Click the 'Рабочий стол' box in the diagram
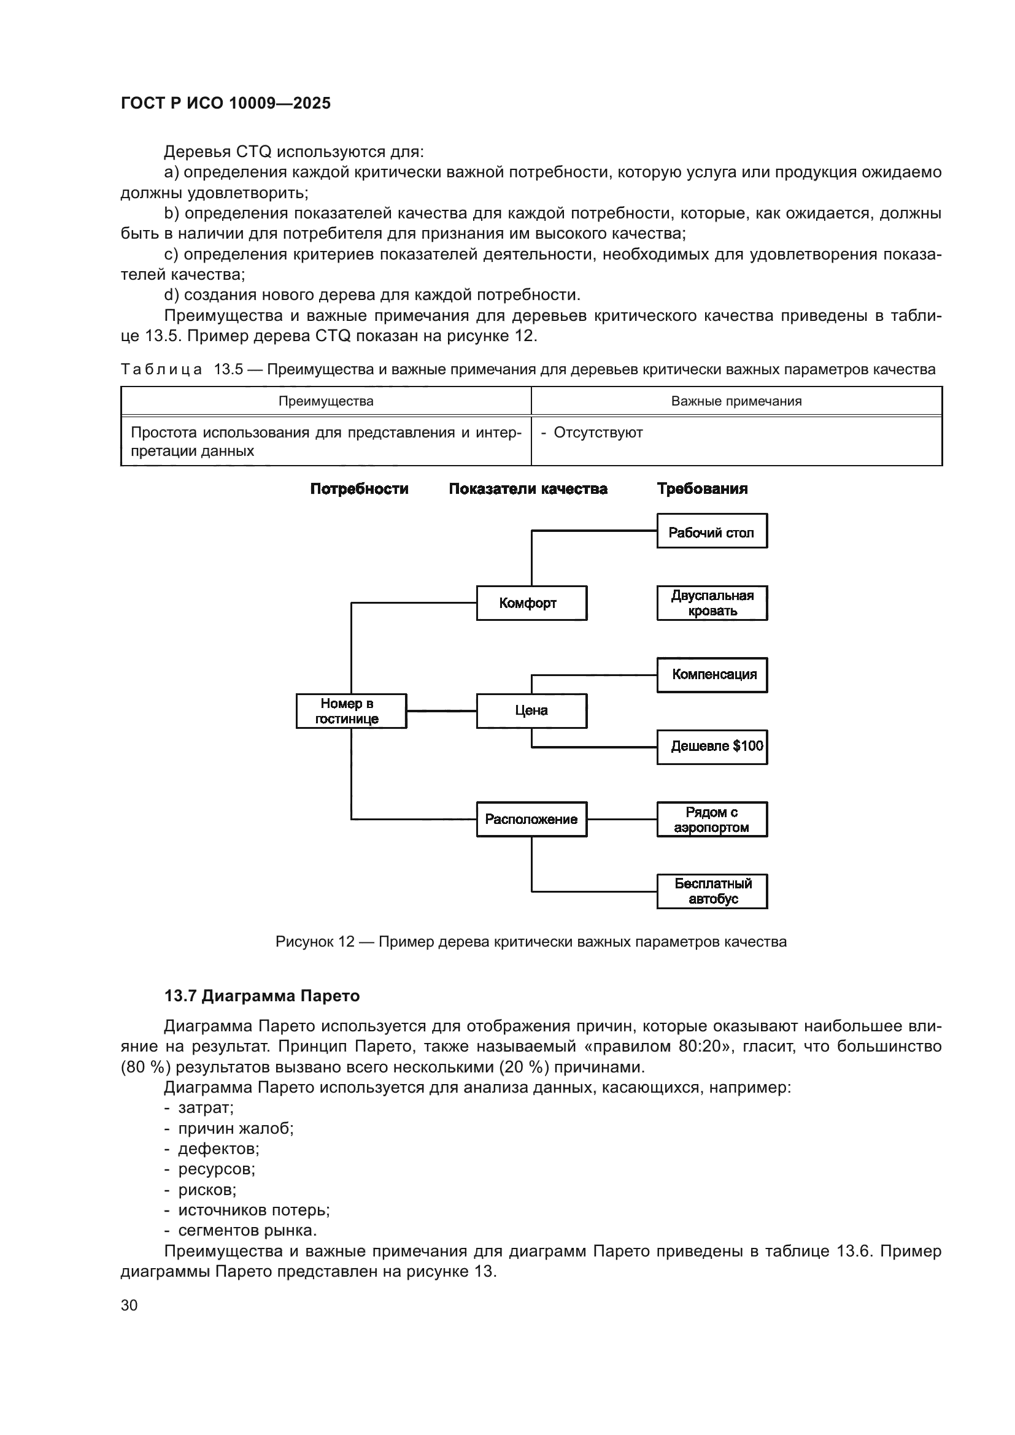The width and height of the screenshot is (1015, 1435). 712,531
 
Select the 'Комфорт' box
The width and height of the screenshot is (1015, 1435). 531,603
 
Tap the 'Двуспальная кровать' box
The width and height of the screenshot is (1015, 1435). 712,603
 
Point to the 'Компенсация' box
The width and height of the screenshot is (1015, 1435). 712,675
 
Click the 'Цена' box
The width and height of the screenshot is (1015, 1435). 531,710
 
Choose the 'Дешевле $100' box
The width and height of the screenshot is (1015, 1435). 712,747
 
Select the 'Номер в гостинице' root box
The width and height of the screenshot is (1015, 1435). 350,710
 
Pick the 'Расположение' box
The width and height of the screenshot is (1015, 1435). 531,820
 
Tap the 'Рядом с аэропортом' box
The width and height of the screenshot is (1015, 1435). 712,820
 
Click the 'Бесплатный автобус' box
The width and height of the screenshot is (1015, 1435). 712,891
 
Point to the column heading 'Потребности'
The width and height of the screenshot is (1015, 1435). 360,489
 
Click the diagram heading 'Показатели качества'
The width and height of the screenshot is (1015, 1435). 528,489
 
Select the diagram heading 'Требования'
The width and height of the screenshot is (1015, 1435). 702,489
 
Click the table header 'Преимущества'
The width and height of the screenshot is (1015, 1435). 326,401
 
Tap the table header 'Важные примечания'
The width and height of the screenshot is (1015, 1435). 736,401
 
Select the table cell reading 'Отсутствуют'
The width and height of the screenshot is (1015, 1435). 598,433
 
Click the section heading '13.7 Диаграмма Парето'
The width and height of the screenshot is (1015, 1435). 262,996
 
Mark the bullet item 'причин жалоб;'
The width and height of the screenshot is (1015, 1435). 236,1128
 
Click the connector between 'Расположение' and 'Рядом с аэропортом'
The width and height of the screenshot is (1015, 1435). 622,820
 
